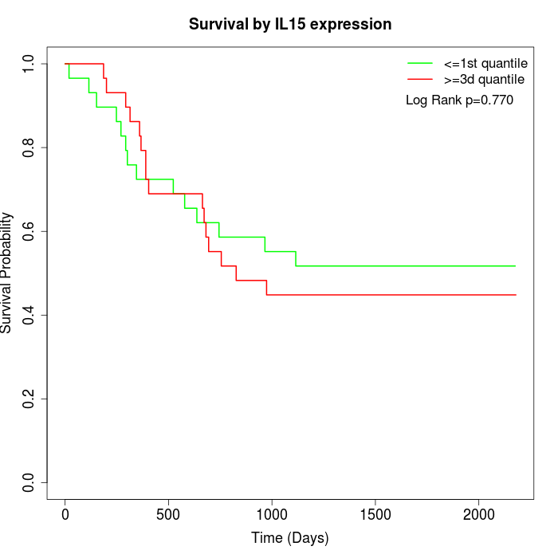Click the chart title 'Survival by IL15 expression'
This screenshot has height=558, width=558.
[x=290, y=25]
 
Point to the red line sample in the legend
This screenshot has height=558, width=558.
[x=420, y=80]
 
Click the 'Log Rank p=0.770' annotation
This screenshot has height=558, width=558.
[x=459, y=100]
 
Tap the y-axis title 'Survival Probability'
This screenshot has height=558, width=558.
[x=7, y=273]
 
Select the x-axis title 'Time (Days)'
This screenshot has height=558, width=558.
[x=289, y=538]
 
